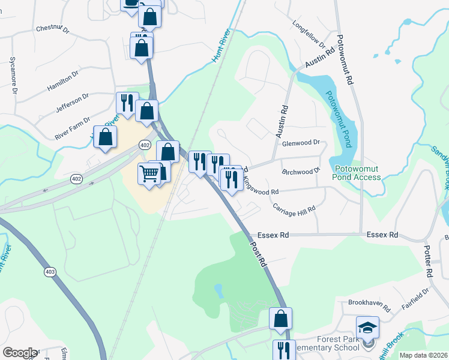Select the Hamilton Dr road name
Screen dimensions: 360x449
63,82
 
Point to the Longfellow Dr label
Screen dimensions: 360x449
309,35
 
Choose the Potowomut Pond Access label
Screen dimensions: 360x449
358,173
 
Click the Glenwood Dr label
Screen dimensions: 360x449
301,143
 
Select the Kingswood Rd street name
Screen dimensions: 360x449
261,186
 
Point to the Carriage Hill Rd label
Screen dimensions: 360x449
294,209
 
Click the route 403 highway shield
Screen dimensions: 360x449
50,272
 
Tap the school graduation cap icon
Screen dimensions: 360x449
367,328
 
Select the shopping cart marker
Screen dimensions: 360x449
149,175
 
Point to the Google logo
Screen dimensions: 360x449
20,353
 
